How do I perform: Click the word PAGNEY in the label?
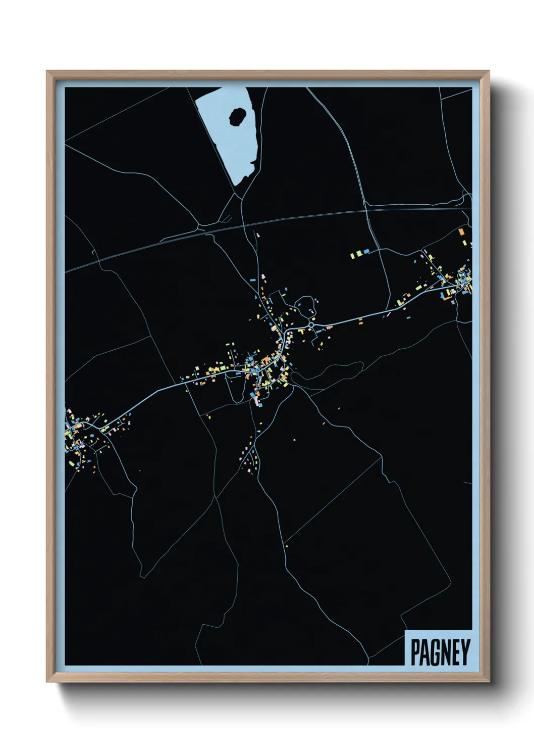pyautogui.click(x=440, y=652)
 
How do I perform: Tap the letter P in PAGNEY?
pyautogui.click(x=415, y=652)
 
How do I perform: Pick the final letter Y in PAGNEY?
pyautogui.click(x=465, y=652)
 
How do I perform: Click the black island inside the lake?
pyautogui.click(x=237, y=117)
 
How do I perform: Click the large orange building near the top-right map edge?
pyautogui.click(x=461, y=232)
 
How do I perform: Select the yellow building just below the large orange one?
pyautogui.click(x=464, y=243)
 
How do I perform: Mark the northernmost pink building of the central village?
pyautogui.click(x=257, y=235)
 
